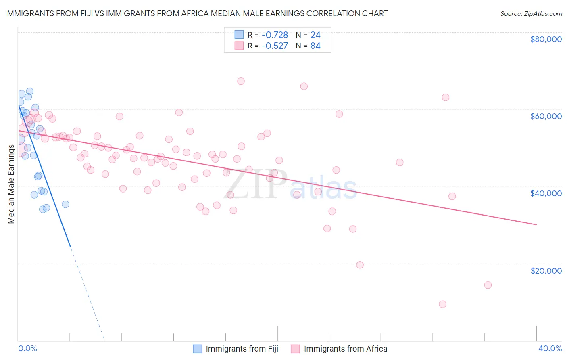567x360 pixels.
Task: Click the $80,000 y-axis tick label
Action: [x=546, y=39]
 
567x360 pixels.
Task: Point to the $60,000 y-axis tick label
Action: [x=546, y=116]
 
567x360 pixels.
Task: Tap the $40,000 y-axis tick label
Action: [x=546, y=193]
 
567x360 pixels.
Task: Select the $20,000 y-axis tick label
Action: [x=546, y=270]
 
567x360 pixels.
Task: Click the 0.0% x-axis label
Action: [x=27, y=348]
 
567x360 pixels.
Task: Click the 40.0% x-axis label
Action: [x=550, y=348]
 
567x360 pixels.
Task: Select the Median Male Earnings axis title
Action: [x=11, y=184]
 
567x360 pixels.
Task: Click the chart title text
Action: [x=196, y=13]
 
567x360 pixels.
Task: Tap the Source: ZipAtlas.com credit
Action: [x=531, y=14]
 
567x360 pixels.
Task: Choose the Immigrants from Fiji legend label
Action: [x=242, y=349]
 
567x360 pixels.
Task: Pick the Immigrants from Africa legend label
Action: [x=345, y=349]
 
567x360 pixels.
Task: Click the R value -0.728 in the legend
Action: [x=275, y=35]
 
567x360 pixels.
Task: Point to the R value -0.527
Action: [x=275, y=46]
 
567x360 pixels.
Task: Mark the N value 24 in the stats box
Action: [x=315, y=35]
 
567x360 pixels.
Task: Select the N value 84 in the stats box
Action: [x=315, y=46]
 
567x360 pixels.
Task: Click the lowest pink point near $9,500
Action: [x=442, y=304]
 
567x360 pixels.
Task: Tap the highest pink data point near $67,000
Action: [x=241, y=81]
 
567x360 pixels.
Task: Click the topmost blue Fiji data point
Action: [x=29, y=92]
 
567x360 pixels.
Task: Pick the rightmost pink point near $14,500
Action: [x=488, y=285]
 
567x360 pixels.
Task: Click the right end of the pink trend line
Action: [x=536, y=224]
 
